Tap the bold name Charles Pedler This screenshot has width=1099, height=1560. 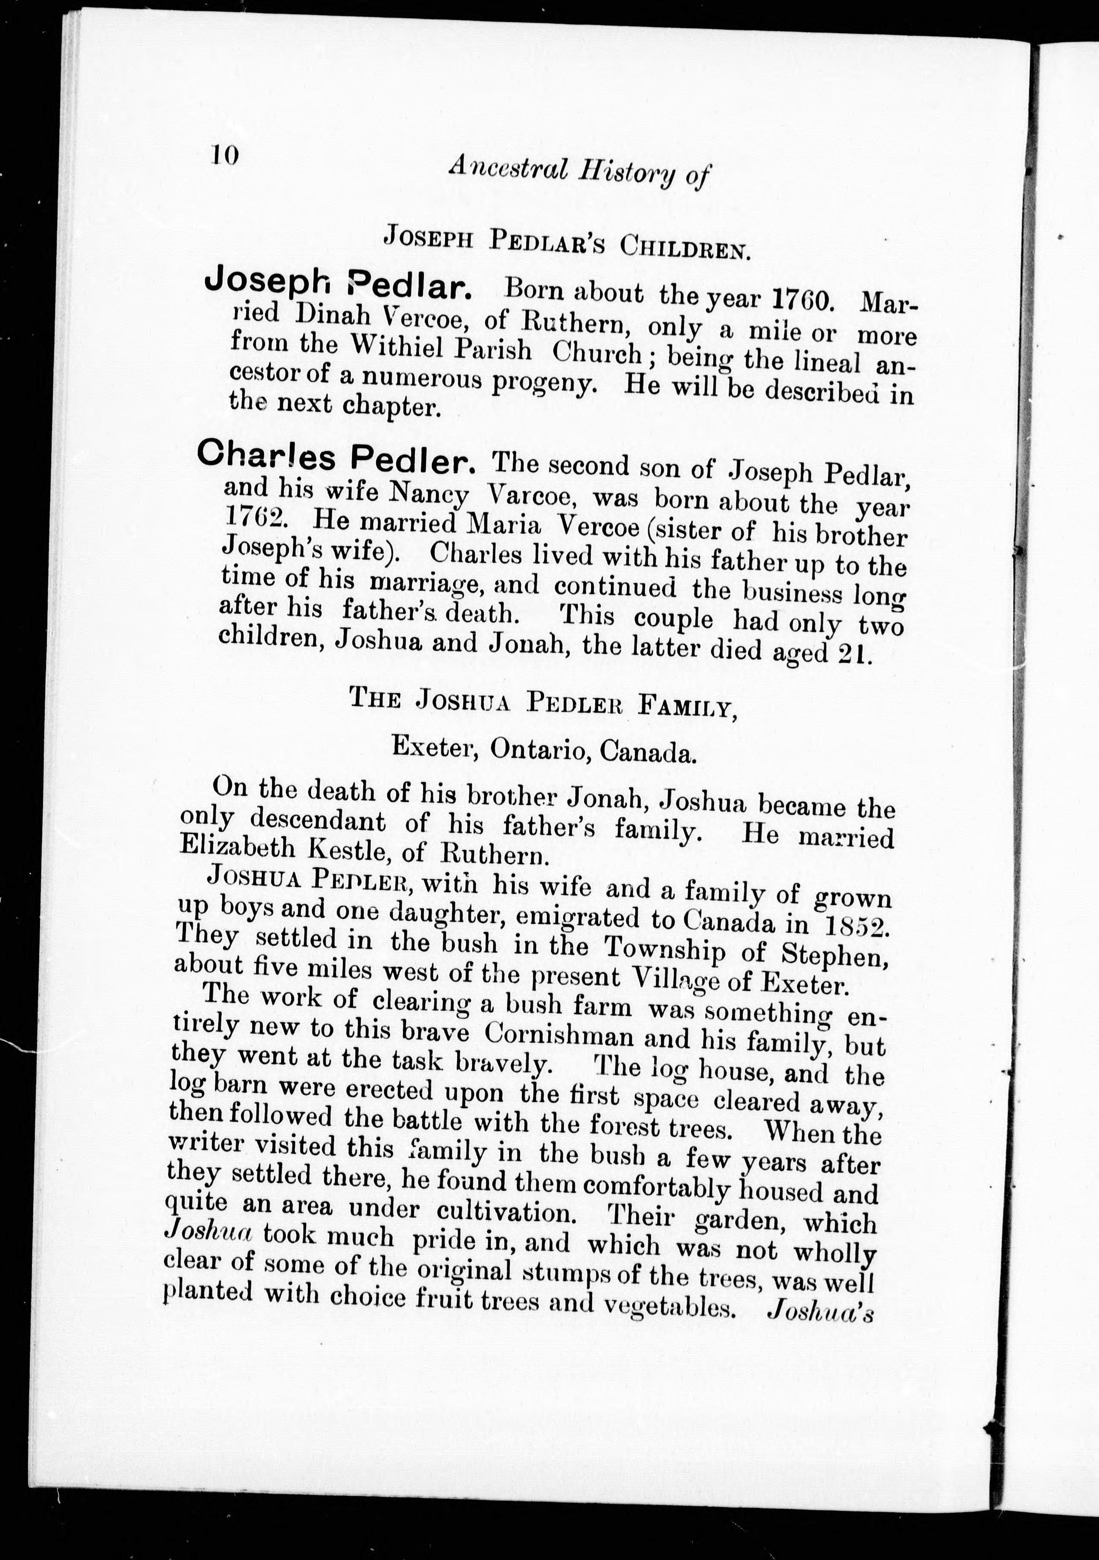pos(336,457)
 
